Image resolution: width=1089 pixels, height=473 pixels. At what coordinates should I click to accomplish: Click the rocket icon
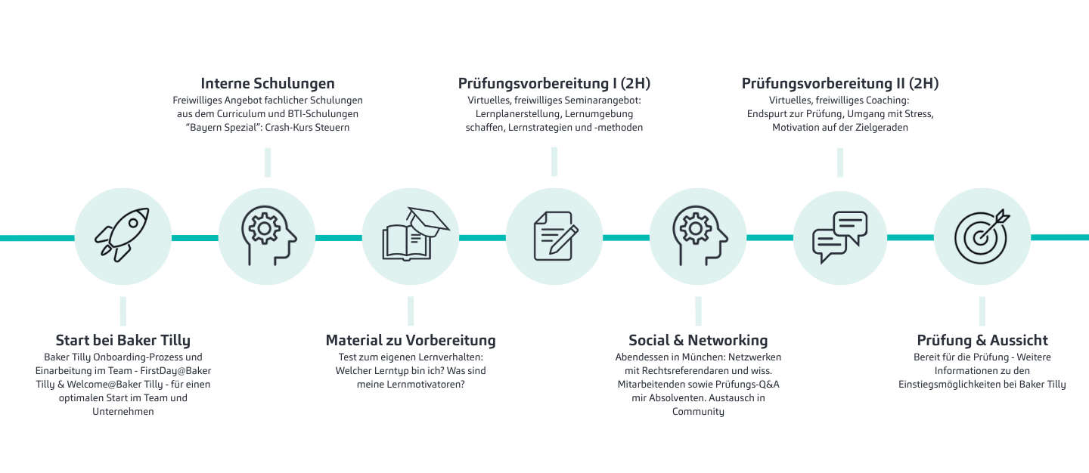pos(122,236)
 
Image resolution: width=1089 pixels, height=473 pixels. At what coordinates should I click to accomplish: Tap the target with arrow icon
pos(982,236)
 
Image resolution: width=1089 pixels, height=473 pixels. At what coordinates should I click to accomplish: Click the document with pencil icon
pos(556,236)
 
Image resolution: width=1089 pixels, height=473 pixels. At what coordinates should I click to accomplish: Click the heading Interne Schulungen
pos(268,84)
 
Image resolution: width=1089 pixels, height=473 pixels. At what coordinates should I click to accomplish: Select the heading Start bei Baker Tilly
pos(123,341)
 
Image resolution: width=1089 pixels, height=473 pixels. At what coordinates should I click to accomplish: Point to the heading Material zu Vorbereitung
pos(411,341)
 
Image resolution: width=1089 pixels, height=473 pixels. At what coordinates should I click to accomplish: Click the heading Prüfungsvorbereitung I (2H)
pos(554,84)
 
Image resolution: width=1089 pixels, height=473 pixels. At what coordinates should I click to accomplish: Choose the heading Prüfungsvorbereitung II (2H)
pos(840,84)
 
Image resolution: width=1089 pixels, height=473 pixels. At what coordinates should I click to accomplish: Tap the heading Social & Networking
pos(698,341)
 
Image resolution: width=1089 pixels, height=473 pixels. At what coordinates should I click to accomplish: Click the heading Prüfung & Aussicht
pos(982,341)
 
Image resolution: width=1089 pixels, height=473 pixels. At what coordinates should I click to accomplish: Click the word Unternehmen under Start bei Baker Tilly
pos(123,411)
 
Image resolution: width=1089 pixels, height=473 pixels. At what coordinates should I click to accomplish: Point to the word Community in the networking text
pos(698,412)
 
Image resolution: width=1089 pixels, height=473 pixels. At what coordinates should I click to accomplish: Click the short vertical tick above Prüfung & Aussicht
pos(982,311)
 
